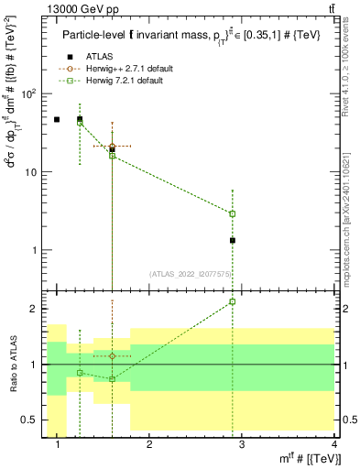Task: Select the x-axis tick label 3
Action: (x=242, y=445)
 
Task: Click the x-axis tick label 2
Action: (x=149, y=445)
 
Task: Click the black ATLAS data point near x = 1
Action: (x=57, y=119)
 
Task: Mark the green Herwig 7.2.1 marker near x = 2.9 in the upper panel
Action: (x=233, y=213)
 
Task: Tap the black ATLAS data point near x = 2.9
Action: (x=233, y=240)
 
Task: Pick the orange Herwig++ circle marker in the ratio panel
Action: (x=112, y=355)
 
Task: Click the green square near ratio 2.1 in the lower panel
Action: (x=233, y=301)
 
